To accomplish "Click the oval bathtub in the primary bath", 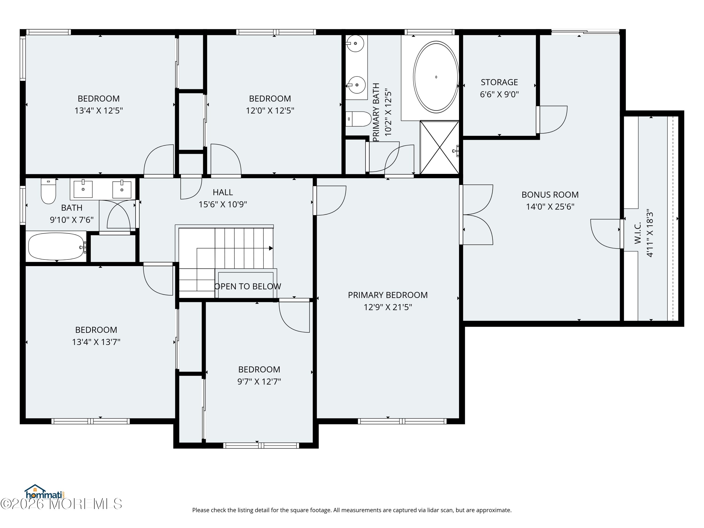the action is point(436,77).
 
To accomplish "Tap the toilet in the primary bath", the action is point(358,119).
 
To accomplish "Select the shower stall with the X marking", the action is point(440,147).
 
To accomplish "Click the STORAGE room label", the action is point(499,82).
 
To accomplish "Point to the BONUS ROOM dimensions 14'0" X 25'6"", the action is point(550,207).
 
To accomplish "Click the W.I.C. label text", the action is point(638,233).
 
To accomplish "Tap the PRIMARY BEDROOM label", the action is point(388,295).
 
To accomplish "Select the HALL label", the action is point(223,192).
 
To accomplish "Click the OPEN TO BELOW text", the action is point(248,287).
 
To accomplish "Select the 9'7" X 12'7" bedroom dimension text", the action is point(259,381).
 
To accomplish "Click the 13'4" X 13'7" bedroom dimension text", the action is point(96,342).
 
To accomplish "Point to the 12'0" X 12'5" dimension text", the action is point(270,111).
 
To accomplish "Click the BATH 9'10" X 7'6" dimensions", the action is point(72,220).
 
